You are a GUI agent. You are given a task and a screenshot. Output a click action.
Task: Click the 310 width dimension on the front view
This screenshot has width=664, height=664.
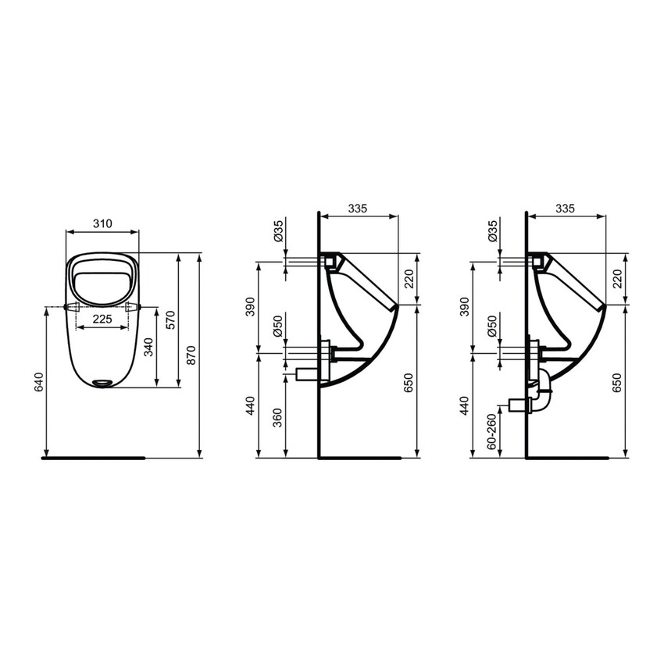pyautogui.click(x=102, y=223)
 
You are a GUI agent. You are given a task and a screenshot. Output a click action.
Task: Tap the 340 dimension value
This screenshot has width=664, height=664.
pyautogui.click(x=148, y=344)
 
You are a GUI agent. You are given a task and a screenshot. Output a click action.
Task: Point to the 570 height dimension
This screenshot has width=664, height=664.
pyautogui.click(x=170, y=319)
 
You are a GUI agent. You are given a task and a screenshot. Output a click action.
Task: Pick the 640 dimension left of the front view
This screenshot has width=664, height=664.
pyautogui.click(x=39, y=383)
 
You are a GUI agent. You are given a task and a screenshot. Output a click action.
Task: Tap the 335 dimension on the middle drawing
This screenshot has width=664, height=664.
pyautogui.click(x=358, y=209)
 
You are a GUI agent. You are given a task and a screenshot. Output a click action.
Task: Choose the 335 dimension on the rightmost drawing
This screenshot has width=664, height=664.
pyautogui.click(x=565, y=209)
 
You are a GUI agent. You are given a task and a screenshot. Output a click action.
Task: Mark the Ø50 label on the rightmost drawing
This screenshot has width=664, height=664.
pyautogui.click(x=491, y=326)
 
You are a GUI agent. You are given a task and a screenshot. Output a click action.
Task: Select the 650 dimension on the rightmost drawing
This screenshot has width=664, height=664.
pyautogui.click(x=617, y=383)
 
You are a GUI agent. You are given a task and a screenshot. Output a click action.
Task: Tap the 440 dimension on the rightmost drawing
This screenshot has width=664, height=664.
pyautogui.click(x=466, y=405)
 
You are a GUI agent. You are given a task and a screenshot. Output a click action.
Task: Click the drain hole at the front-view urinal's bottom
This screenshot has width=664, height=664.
pyautogui.click(x=102, y=382)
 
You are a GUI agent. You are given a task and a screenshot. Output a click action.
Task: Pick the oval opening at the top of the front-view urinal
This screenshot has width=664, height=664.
pyautogui.click(x=102, y=278)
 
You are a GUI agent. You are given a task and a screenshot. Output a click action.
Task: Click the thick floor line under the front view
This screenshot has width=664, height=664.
pyautogui.click(x=94, y=459)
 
